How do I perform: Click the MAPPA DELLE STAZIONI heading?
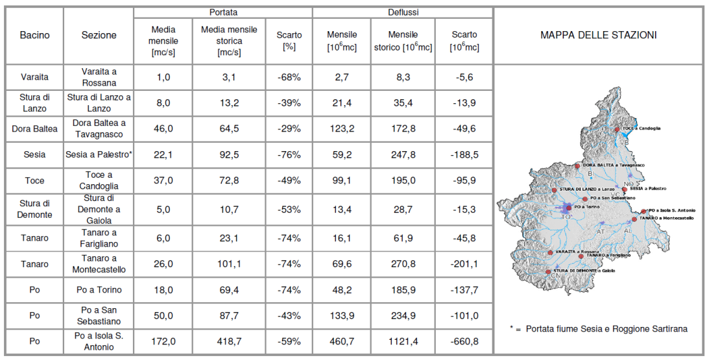[x=598, y=35]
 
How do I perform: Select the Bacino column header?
[x=34, y=35]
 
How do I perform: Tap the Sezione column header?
[x=99, y=35]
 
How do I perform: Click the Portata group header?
[x=222, y=12]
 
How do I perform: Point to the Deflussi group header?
[x=402, y=12]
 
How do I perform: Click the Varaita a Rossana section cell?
[x=99, y=77]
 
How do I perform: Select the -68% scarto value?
[x=289, y=77]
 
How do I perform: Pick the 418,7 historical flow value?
[x=229, y=341]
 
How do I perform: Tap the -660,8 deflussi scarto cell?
[x=464, y=341]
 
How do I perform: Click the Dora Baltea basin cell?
[x=34, y=128]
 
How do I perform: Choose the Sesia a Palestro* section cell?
[x=99, y=155]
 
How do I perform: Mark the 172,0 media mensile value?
[x=163, y=341]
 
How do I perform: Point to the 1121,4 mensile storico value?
[x=403, y=341]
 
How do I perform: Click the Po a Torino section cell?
[x=99, y=290]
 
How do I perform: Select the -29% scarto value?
[x=289, y=128]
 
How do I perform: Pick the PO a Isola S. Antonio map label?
[x=672, y=210]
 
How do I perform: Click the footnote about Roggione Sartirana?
[x=598, y=329]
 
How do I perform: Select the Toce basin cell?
[x=34, y=181]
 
